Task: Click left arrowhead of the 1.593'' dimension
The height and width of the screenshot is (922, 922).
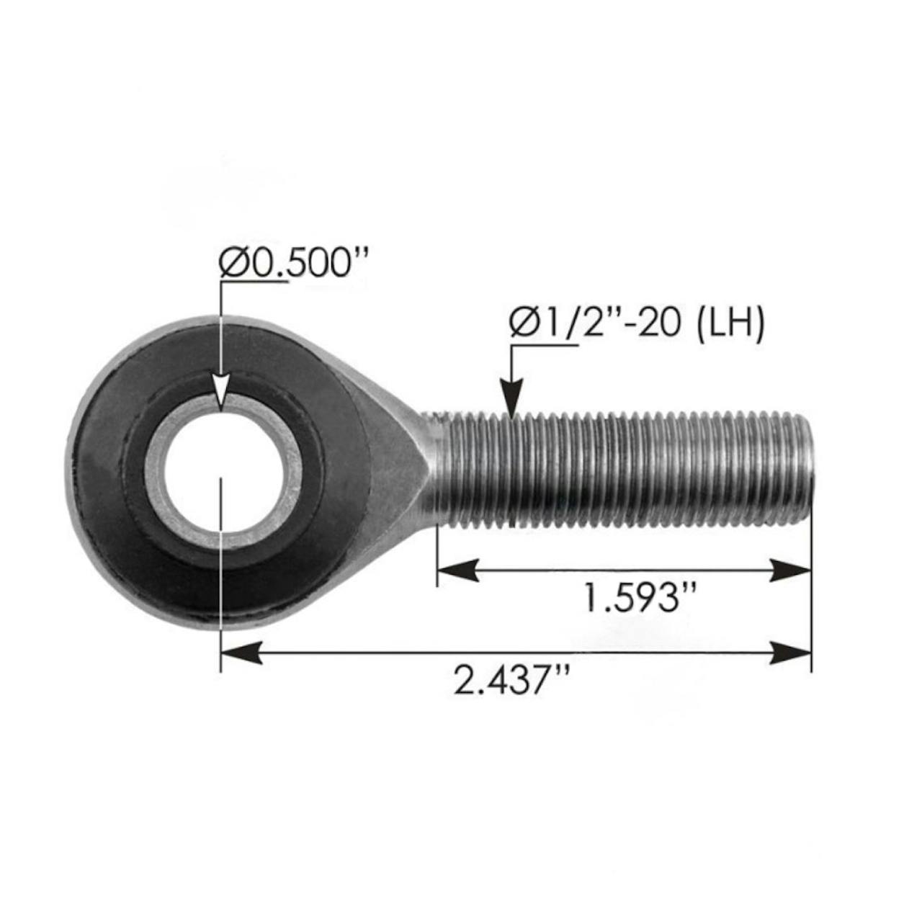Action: pyautogui.click(x=458, y=570)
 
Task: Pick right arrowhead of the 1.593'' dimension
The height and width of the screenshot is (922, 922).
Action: pyautogui.click(x=790, y=570)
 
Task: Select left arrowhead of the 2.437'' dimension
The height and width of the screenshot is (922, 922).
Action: pyautogui.click(x=241, y=653)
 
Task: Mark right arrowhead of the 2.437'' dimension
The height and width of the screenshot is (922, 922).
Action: pyautogui.click(x=790, y=653)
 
